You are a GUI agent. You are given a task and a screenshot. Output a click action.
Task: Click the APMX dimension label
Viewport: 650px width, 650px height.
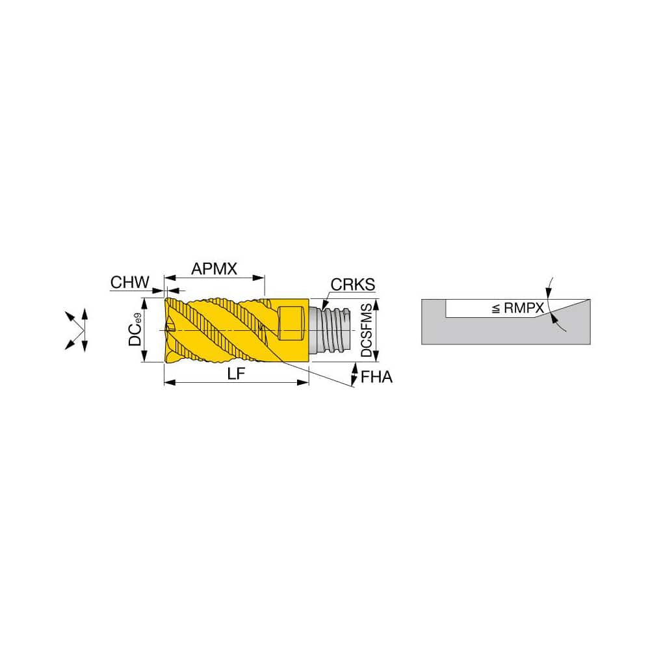click(x=214, y=268)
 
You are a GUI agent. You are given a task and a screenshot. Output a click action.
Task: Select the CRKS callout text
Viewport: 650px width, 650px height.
click(x=353, y=285)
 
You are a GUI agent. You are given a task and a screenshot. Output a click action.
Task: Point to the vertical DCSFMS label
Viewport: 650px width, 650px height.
click(x=367, y=330)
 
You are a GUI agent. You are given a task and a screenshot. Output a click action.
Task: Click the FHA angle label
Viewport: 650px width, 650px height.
click(x=377, y=377)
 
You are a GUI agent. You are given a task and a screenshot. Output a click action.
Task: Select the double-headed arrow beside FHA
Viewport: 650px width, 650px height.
click(x=354, y=374)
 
